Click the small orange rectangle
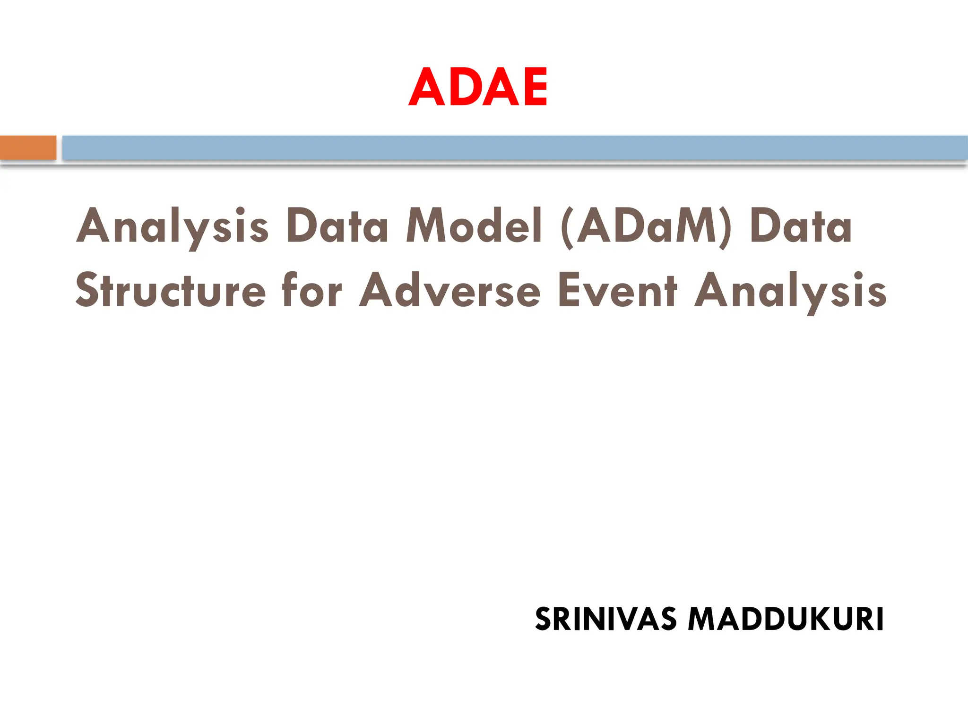pos(28,147)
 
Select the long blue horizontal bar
pos(515,147)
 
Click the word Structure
pos(171,291)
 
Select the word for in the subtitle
pos(311,291)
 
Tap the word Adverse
pos(449,291)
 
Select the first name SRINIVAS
pos(605,619)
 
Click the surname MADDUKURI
pos(786,619)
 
